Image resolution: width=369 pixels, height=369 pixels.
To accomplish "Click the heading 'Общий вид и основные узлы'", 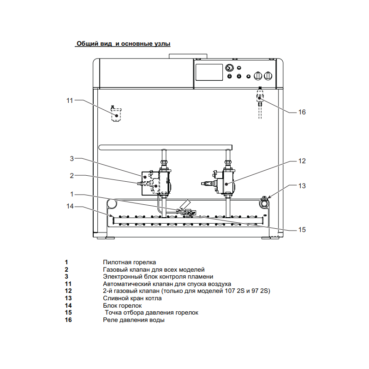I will click(123, 44).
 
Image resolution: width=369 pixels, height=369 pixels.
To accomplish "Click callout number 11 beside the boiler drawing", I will click(70, 100).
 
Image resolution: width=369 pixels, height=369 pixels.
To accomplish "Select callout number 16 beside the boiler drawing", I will click(302, 112).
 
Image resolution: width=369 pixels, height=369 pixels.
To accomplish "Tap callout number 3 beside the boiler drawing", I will click(72, 159).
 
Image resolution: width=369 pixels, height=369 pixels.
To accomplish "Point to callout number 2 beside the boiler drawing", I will click(72, 175).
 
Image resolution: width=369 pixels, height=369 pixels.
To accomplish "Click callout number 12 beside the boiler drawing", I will click(302, 161).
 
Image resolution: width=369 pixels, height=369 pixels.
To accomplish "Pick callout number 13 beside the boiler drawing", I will click(302, 186).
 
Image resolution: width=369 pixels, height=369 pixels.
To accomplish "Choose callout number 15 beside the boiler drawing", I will click(302, 229).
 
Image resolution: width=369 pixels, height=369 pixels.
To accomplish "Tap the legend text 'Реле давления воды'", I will click(133, 320).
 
